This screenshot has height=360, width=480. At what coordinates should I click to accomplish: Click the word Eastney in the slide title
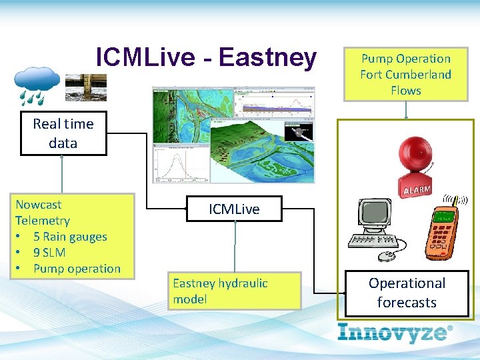point(267,57)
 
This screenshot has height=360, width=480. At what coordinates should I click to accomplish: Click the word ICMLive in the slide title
point(148,57)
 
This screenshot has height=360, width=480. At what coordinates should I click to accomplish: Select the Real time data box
point(63,133)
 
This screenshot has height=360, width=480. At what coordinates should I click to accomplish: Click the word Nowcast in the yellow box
point(38,205)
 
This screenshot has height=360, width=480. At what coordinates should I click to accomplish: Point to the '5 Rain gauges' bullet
point(70,237)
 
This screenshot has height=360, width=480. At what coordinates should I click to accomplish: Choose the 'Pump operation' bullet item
point(77,269)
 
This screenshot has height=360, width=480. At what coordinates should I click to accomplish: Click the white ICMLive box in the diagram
point(234,209)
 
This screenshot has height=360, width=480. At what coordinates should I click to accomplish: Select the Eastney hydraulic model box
point(234,291)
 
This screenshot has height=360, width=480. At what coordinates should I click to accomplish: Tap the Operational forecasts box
point(407,293)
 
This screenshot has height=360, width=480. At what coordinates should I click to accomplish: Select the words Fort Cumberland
point(405,74)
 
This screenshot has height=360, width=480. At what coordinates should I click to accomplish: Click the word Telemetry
point(42,221)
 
